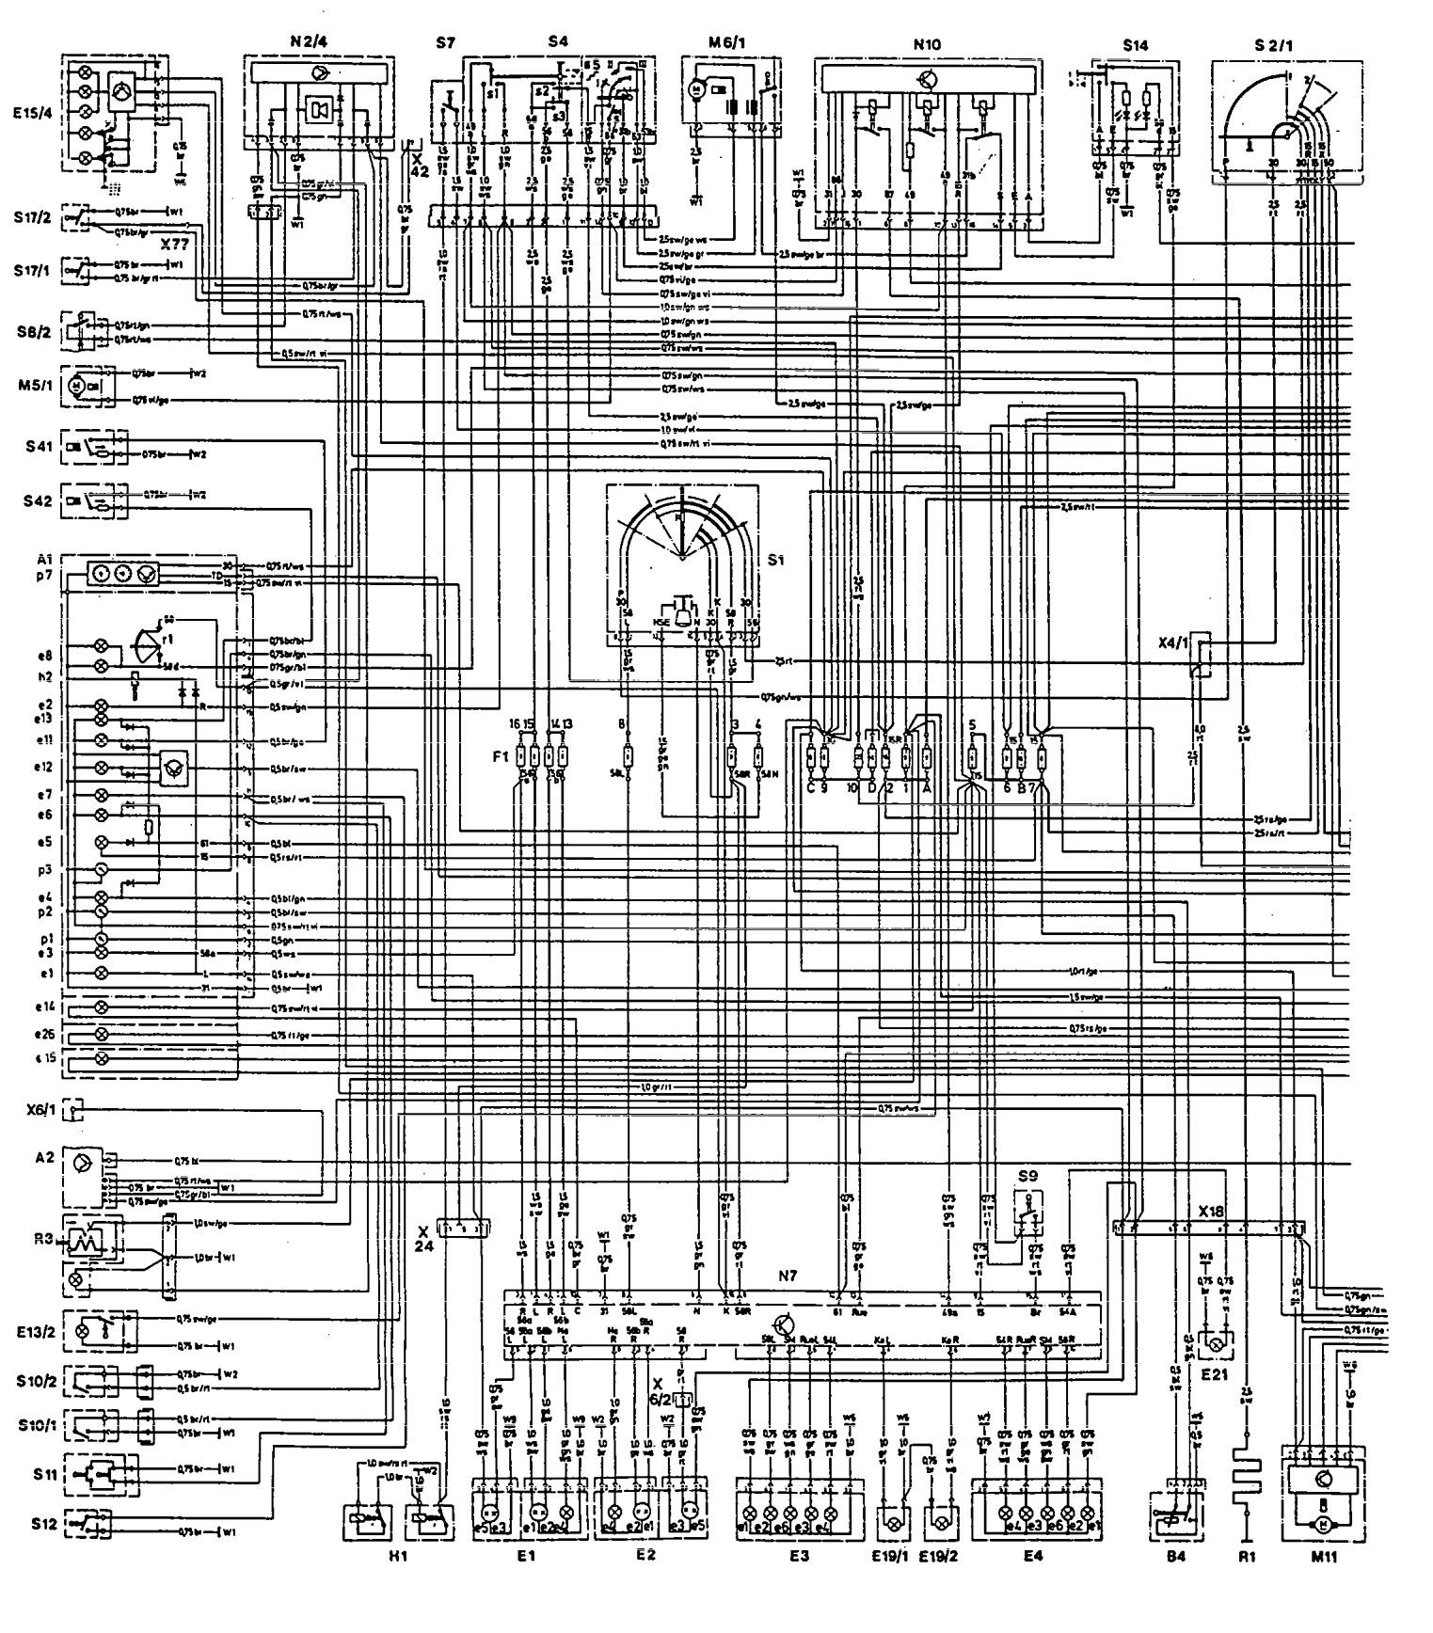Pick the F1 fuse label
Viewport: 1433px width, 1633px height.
(500, 754)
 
